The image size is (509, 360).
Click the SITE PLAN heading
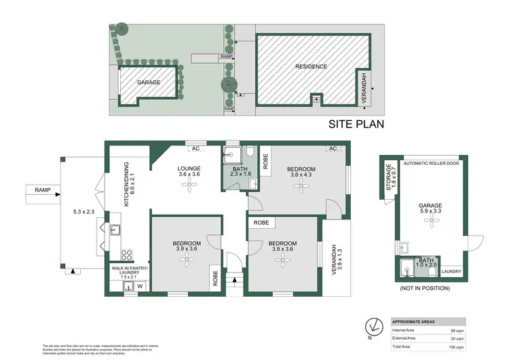pos(356,124)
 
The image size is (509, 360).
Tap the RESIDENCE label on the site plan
pos(311,67)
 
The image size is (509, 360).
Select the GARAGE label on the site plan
pos(149,82)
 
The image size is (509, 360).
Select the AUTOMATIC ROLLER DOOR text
pos(432,164)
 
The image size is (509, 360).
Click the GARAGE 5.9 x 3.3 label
pos(430,209)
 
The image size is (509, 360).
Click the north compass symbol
pos(372,325)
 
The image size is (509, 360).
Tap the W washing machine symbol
pos(140,286)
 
